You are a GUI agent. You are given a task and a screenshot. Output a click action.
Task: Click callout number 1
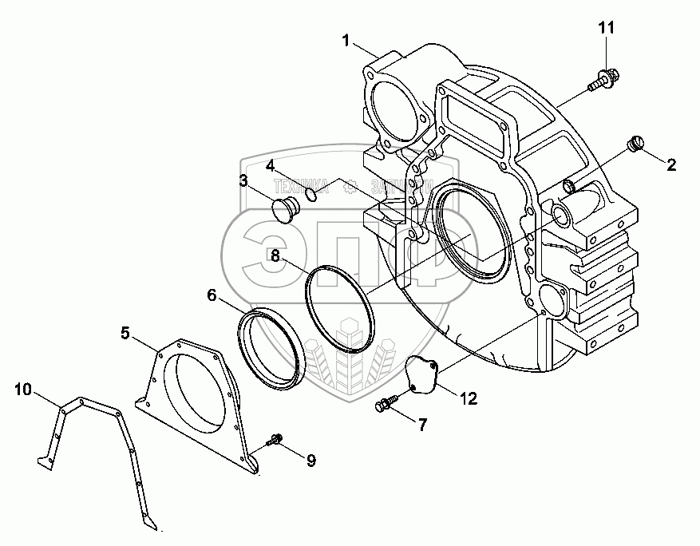coord(346,41)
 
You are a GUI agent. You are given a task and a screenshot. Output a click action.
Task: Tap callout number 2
coord(671,165)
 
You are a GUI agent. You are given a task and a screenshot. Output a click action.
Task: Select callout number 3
coord(243,181)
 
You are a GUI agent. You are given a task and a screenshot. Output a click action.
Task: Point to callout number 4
coord(271,165)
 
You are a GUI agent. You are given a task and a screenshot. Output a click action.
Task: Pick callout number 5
coord(125,332)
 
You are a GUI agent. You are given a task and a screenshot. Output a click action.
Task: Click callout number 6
coord(212,295)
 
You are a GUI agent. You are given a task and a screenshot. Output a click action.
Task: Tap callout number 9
coord(310,460)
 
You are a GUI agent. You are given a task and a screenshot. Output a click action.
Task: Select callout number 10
coord(23,390)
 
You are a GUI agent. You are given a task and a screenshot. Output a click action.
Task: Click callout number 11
coord(607,28)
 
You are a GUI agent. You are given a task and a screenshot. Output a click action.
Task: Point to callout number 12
coord(468,398)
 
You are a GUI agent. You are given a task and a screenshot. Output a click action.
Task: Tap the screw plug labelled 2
coord(636,144)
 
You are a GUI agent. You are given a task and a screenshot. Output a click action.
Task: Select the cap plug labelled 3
coord(285,211)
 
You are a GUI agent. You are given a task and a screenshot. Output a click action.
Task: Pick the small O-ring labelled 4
coord(313,192)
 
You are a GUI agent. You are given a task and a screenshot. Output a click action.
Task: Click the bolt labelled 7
coord(384,406)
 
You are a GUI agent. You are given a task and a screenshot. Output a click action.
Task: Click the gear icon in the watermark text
coord(350,188)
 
